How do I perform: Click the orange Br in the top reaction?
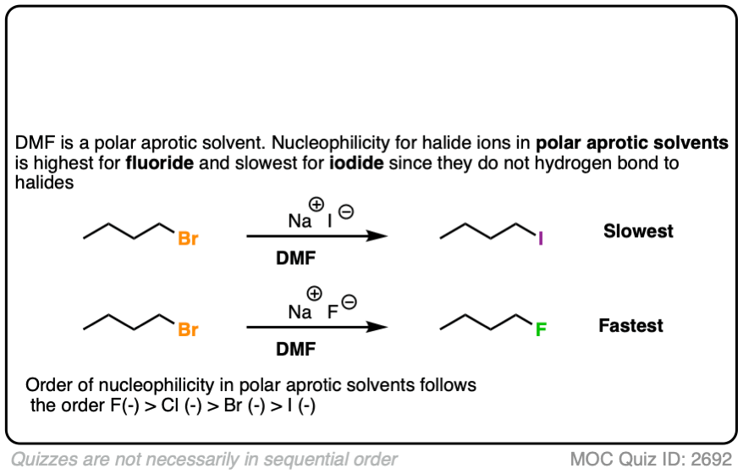[188, 239]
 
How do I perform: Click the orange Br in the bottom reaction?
[188, 329]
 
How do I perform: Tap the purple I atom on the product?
[542, 240]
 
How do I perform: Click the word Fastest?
[631, 325]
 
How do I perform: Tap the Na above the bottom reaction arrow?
[300, 311]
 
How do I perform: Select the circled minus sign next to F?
[349, 302]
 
